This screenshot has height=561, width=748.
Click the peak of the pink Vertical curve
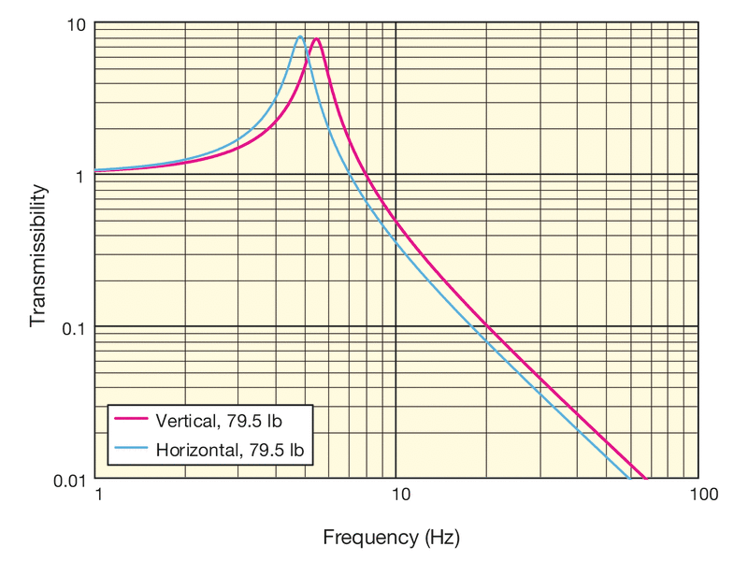pos(317,39)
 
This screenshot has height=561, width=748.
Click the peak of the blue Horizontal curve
pos(299,36)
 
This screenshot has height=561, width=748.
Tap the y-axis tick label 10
pos(76,23)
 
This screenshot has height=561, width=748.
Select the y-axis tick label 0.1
pos(72,326)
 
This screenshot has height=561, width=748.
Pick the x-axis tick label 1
pos(97,495)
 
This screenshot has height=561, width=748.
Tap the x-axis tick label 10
pos(396,495)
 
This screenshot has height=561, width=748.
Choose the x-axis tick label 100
pos(698,495)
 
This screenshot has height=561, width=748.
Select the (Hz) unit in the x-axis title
pos(441,538)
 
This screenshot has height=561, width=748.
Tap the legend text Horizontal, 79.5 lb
pos(230,450)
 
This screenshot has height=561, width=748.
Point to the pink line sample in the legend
pos(130,420)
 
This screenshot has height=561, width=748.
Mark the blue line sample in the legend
pos(130,450)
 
